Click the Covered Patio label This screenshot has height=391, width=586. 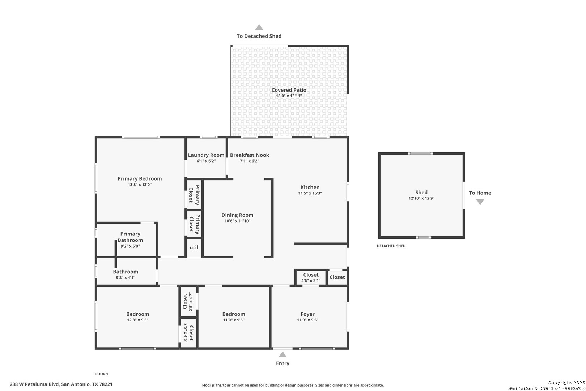pyautogui.click(x=289, y=90)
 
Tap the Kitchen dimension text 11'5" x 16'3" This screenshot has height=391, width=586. pyautogui.click(x=310, y=193)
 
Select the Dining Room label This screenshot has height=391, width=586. pyautogui.click(x=237, y=215)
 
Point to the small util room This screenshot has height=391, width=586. pyautogui.click(x=194, y=248)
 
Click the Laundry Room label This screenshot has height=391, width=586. pyautogui.click(x=206, y=155)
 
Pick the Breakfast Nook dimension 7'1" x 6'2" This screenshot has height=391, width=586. pyautogui.click(x=249, y=161)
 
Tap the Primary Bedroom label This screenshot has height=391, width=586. pyautogui.click(x=140, y=178)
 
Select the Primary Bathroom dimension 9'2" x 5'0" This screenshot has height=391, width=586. pyautogui.click(x=130, y=246)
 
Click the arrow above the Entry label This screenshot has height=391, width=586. pyautogui.click(x=283, y=354)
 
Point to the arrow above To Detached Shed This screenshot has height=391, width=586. pyautogui.click(x=259, y=27)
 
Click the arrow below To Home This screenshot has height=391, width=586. pyautogui.click(x=480, y=202)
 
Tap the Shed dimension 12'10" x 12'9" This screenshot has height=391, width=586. pyautogui.click(x=421, y=198)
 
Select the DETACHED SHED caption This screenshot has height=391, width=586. pyautogui.click(x=391, y=246)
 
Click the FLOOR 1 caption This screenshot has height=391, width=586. pyautogui.click(x=101, y=374)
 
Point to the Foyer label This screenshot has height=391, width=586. pyautogui.click(x=307, y=314)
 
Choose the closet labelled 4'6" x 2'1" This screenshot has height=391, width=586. pyautogui.click(x=311, y=277)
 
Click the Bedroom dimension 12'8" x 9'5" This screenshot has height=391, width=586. pyautogui.click(x=137, y=320)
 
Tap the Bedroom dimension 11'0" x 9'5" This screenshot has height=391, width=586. pyautogui.click(x=234, y=320)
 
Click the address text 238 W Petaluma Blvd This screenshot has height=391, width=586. pyautogui.click(x=34, y=384)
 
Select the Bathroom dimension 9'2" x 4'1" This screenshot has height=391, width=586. pyautogui.click(x=126, y=278)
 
